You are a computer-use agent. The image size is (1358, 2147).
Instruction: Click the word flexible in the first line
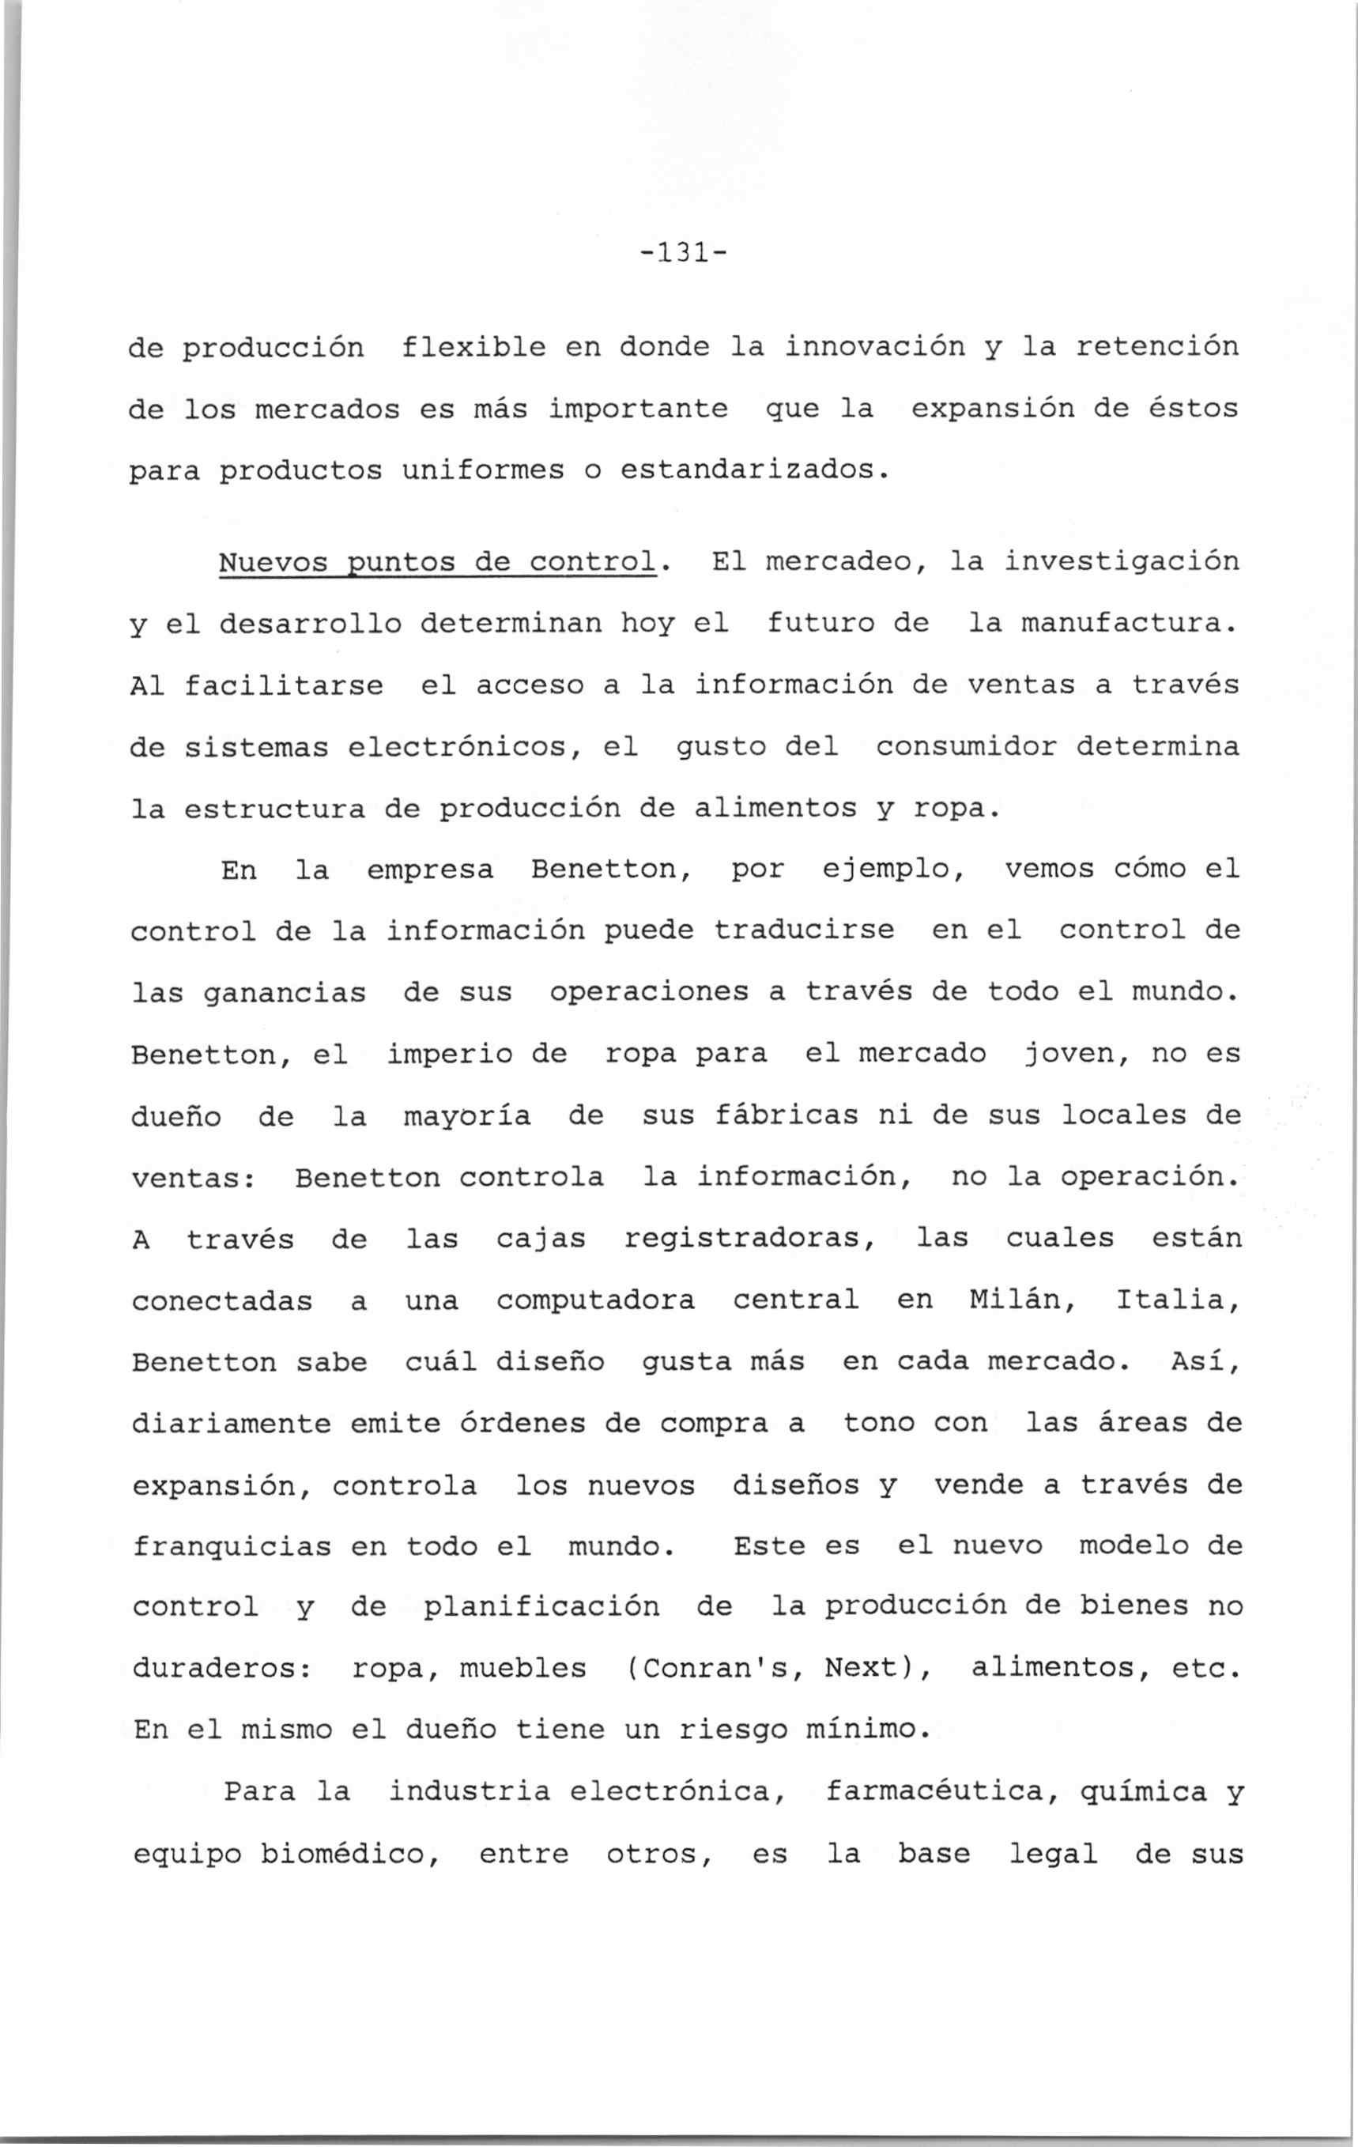[x=473, y=346]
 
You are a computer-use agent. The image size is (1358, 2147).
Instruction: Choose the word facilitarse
[x=285, y=685]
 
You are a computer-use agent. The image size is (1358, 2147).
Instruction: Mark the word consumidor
[x=967, y=747]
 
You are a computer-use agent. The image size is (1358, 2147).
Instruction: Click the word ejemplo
[x=893, y=870]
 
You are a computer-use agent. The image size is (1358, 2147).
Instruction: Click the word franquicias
[x=232, y=1547]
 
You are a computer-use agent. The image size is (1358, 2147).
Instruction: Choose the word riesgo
[x=733, y=1730]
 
